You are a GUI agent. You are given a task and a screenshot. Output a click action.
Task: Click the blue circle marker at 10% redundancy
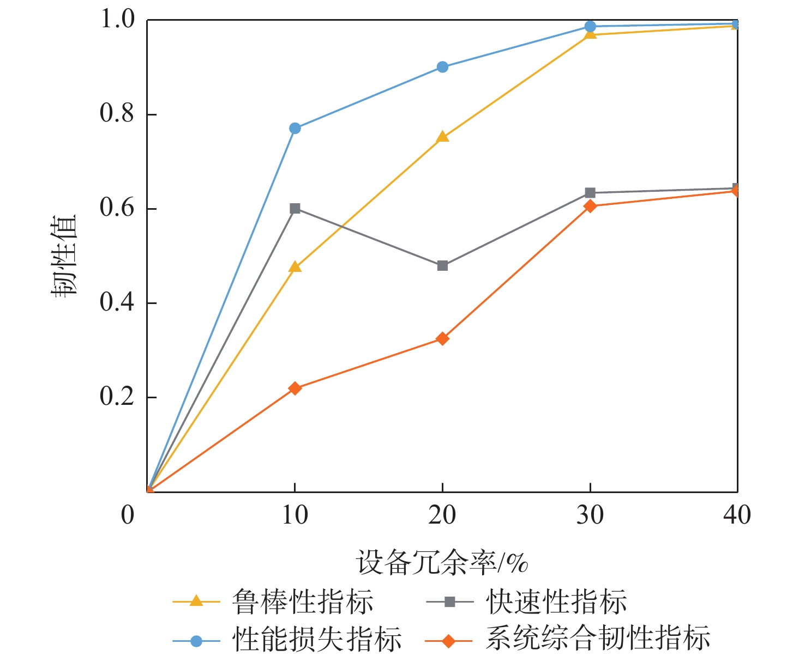coord(295,128)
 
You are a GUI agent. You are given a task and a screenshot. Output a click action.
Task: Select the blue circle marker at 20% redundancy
coord(442,67)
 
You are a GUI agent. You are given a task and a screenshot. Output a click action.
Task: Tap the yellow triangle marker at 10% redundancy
coord(295,267)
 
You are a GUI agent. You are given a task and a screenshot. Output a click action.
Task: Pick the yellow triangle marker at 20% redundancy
coord(442,137)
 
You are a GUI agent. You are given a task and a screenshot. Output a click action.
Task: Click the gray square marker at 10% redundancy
coord(295,208)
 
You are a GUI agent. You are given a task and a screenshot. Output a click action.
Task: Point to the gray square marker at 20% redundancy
coord(442,265)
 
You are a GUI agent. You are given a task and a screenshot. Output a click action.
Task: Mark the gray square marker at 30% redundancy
coord(590,193)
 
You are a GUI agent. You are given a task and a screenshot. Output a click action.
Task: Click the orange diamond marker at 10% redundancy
coord(295,388)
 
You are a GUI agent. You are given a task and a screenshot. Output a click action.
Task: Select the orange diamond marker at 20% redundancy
coord(442,339)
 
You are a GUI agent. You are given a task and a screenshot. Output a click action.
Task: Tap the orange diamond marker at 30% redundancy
coord(590,205)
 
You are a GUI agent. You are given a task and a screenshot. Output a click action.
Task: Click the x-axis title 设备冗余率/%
coord(442,562)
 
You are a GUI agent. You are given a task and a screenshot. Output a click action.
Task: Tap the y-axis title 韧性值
coord(65,256)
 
